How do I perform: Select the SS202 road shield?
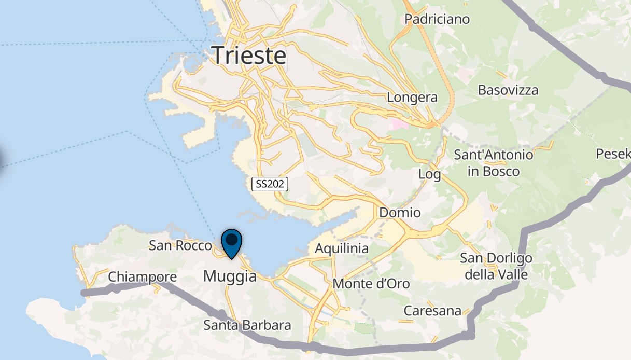(x=270, y=184)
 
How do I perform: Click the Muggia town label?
(x=230, y=276)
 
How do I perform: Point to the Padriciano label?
(x=437, y=19)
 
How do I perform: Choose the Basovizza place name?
(x=508, y=90)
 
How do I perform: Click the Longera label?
(x=412, y=98)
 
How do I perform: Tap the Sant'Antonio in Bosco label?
(x=493, y=162)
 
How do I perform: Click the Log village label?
(x=430, y=174)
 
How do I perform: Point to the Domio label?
(x=400, y=213)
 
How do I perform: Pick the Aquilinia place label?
(x=342, y=248)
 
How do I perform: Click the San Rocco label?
(x=180, y=245)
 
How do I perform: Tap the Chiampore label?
(x=142, y=278)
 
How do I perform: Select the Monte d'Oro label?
(x=371, y=284)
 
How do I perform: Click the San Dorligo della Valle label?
(x=496, y=266)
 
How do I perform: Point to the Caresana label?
(x=432, y=311)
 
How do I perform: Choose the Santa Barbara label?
(x=247, y=326)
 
